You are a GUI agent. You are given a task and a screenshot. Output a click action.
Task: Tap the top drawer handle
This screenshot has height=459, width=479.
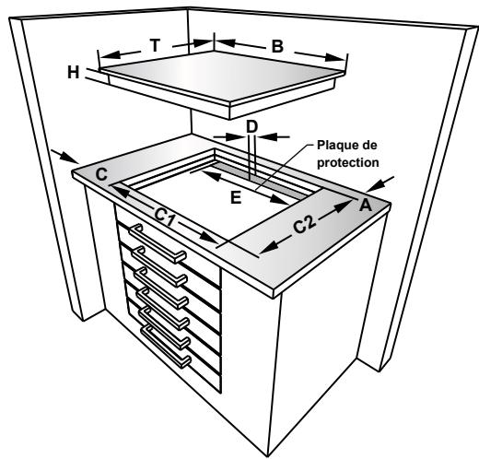click(x=156, y=241)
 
